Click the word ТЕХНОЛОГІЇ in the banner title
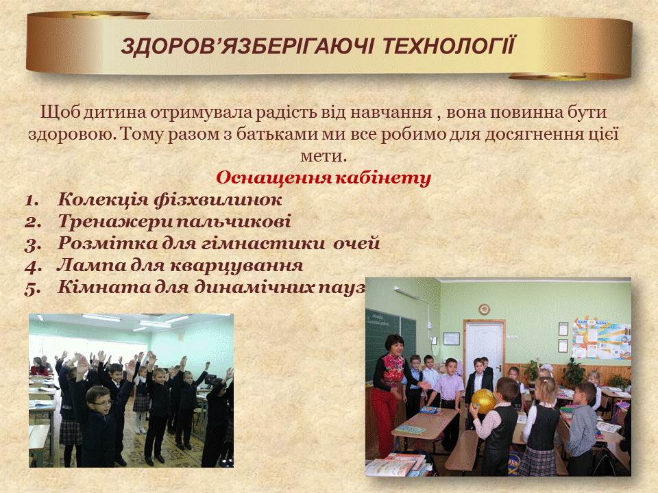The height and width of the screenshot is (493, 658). tap(448, 46)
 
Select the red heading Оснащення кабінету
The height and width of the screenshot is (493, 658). tap(324, 178)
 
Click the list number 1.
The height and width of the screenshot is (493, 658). tap(31, 200)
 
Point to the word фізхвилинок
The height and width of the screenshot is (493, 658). tap(218, 199)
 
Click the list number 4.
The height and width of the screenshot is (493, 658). tap(33, 266)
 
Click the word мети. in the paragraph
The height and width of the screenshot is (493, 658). tap(324, 156)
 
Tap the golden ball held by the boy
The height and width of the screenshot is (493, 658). tap(483, 401)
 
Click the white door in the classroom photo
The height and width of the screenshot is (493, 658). tap(485, 349)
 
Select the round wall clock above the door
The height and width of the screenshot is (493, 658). tap(485, 309)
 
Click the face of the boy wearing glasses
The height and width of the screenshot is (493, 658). tap(101, 404)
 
